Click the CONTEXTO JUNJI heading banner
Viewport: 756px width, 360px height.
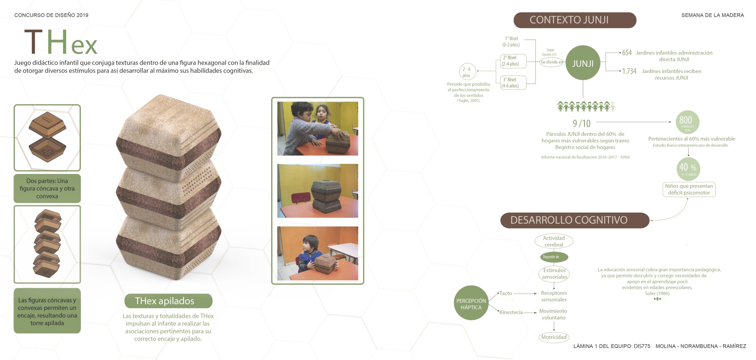click(574, 20)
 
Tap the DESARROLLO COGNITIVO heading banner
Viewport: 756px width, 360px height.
click(574, 220)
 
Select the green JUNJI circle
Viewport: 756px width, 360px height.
click(583, 63)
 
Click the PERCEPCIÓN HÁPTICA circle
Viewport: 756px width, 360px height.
click(471, 303)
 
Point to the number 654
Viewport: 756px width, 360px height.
click(627, 53)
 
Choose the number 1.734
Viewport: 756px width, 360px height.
click(629, 71)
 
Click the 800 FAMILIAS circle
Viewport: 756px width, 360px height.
click(687, 122)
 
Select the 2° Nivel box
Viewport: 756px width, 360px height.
click(513, 61)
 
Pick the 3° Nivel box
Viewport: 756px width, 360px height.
click(513, 83)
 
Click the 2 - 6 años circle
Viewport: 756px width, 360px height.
click(467, 72)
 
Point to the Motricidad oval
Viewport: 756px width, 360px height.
click(554, 337)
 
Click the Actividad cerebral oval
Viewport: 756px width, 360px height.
click(554, 241)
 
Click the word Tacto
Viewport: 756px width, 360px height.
click(506, 293)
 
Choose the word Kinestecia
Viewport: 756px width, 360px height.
click(511, 312)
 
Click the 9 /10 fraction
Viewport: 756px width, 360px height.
click(581, 123)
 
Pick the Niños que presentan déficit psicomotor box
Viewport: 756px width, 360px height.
click(689, 189)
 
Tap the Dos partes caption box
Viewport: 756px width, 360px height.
click(47, 188)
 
